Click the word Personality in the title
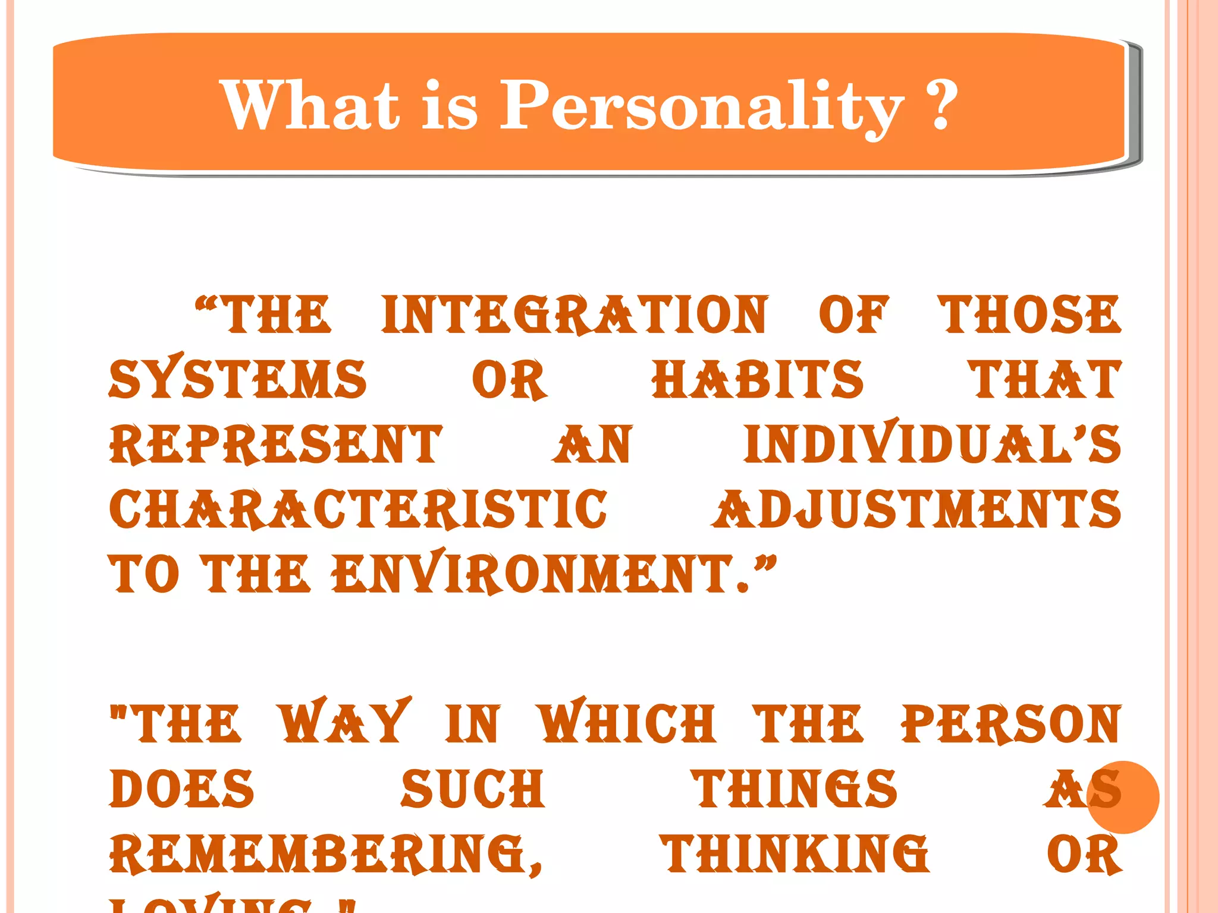702,106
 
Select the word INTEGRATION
575,314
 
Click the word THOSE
1029,314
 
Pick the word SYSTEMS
238,379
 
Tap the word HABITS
757,379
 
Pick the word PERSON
1010,723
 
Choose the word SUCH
473,789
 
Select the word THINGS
796,789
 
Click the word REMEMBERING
324,854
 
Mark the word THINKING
795,854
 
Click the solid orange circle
1123,797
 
